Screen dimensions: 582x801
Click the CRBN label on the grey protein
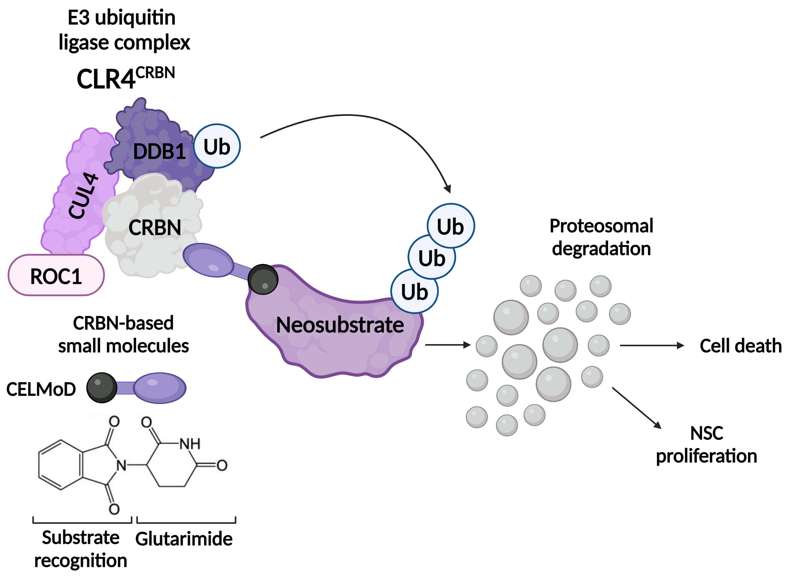point(155,228)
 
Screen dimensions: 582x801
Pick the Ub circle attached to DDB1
point(217,146)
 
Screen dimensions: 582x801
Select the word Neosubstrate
point(340,325)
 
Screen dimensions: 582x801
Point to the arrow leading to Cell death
point(652,346)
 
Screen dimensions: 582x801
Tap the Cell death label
point(741,346)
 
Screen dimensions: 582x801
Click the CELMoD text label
point(41,389)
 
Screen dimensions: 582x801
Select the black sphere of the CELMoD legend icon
point(102,388)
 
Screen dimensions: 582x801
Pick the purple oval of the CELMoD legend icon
point(160,388)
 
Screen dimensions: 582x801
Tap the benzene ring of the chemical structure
point(60,465)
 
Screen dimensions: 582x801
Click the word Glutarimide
point(184,539)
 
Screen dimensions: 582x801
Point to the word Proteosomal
point(601,226)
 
